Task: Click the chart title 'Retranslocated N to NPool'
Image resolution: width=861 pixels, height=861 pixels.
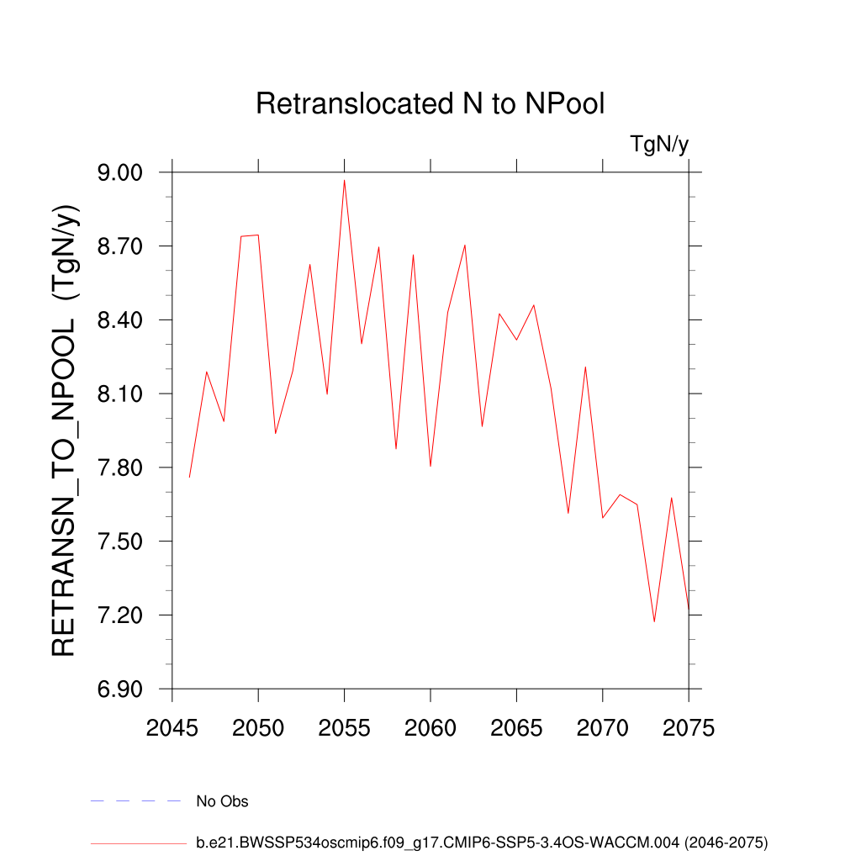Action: coord(430,104)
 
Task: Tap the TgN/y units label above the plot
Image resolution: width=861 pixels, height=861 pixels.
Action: coord(659,145)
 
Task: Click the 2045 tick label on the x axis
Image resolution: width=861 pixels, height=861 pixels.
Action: coord(172,728)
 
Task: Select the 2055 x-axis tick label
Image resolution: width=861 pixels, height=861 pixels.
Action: coord(345,728)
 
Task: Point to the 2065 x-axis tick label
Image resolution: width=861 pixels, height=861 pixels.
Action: coord(516,728)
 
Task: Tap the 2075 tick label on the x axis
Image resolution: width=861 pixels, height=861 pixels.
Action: coord(688,728)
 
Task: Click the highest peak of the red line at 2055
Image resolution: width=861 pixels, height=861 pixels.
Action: coord(345,180)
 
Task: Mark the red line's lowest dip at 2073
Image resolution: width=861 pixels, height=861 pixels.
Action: coord(653,621)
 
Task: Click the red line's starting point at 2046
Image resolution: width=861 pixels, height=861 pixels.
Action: coord(190,477)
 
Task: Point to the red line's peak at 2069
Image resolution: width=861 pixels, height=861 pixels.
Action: coord(585,367)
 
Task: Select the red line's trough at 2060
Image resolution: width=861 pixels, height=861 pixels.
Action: coord(430,466)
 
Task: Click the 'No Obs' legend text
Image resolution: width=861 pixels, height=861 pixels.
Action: coord(222,801)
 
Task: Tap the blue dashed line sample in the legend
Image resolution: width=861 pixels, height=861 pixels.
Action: coord(135,801)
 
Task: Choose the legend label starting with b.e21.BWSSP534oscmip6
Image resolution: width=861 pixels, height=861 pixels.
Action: coord(482,842)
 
